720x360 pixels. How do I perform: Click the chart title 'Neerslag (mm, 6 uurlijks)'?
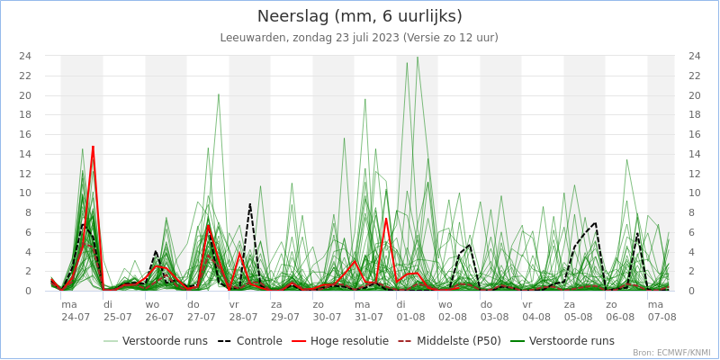tap(360, 16)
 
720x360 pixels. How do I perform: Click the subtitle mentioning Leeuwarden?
tap(359, 38)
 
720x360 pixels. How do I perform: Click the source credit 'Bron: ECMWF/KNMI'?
tap(671, 353)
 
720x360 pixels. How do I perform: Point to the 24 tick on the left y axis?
tap(26, 56)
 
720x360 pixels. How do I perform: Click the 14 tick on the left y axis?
tap(26, 154)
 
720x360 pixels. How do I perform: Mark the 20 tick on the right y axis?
tap(694, 95)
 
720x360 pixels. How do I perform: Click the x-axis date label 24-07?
tap(76, 317)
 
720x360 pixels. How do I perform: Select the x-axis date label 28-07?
tap(243, 317)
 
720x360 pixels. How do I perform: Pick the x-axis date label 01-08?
tap(410, 317)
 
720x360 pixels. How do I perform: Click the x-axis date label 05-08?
tap(578, 317)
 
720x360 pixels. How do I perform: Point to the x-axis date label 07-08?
tap(661, 317)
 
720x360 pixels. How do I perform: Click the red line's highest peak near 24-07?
tap(93, 147)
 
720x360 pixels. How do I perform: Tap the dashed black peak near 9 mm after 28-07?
tap(250, 204)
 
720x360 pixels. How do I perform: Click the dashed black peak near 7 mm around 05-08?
tap(595, 222)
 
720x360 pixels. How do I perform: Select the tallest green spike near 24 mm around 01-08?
tap(417, 58)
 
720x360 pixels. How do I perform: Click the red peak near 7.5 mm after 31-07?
tap(386, 218)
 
